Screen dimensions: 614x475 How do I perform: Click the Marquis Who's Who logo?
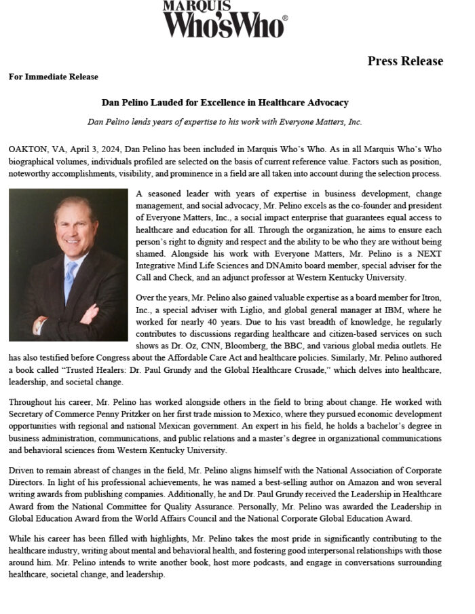click(x=225, y=19)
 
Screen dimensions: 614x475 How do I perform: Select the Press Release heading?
click(x=405, y=61)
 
